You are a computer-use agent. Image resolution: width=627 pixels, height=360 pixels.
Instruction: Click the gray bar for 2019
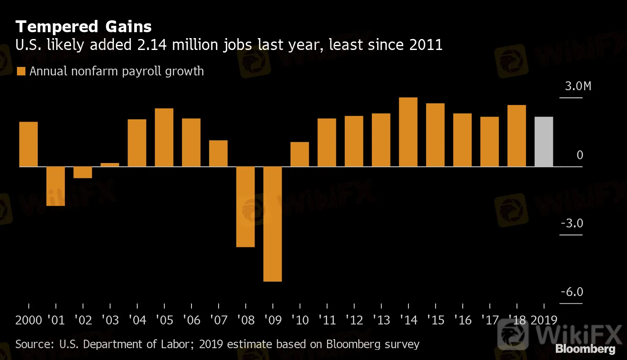point(544,141)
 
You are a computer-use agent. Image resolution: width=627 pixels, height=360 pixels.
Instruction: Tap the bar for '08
point(245,207)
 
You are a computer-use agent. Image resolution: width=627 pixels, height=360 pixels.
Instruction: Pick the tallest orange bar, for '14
point(408,132)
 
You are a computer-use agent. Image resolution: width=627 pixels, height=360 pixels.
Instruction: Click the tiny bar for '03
point(110,165)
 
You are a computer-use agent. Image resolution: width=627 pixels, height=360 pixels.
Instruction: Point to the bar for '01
point(55,186)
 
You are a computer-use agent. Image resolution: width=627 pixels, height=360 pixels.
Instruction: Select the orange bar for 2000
point(28,144)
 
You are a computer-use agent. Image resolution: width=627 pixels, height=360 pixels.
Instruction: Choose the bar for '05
point(164,137)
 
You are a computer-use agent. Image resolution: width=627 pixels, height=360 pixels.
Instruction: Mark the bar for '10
point(300,154)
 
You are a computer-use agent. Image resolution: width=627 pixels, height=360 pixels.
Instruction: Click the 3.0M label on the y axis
point(578,86)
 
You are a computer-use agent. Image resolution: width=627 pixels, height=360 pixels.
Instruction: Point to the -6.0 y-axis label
point(572,292)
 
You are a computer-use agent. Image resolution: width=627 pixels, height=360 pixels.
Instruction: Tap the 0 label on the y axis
point(580,155)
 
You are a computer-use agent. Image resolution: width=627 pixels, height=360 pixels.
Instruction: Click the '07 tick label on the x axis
point(219,320)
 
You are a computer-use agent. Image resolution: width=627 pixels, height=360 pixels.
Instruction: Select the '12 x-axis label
point(354,320)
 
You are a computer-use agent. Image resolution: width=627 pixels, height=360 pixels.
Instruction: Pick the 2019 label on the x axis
point(544,320)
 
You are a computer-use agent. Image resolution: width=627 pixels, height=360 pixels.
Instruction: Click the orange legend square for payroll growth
point(21,71)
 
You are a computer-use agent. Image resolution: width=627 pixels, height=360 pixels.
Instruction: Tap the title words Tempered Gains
point(83,27)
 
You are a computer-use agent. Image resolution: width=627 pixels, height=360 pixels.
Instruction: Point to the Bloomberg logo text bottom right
point(585,349)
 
